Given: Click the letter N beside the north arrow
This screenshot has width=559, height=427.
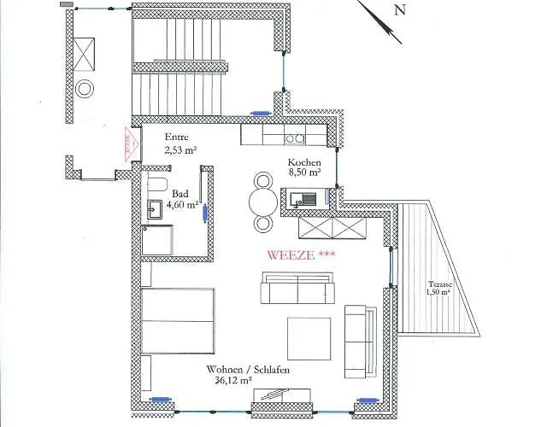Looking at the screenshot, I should coord(398,10).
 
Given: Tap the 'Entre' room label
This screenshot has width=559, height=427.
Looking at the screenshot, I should coord(177,137).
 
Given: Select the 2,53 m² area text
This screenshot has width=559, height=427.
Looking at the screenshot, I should coord(181,149).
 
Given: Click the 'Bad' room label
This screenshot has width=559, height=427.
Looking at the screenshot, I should coord(179,194).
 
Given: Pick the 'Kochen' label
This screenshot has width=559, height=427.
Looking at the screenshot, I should coord(304,162).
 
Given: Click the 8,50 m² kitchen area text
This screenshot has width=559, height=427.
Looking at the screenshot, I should coord(304,173).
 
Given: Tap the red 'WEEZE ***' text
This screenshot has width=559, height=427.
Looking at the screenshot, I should coord(300,254).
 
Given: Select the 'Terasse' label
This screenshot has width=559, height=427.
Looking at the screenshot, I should coord(442,284).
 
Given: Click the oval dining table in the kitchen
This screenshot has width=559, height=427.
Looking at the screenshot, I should coord(263,202).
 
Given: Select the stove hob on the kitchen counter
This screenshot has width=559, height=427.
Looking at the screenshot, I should coord(295,137).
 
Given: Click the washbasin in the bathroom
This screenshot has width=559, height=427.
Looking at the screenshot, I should coord(156,208).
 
